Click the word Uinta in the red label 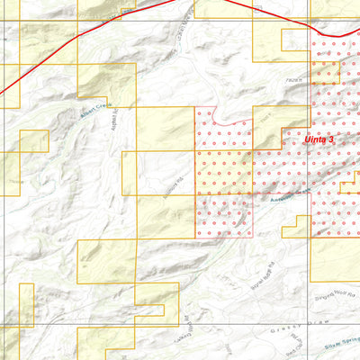coord(317,139)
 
